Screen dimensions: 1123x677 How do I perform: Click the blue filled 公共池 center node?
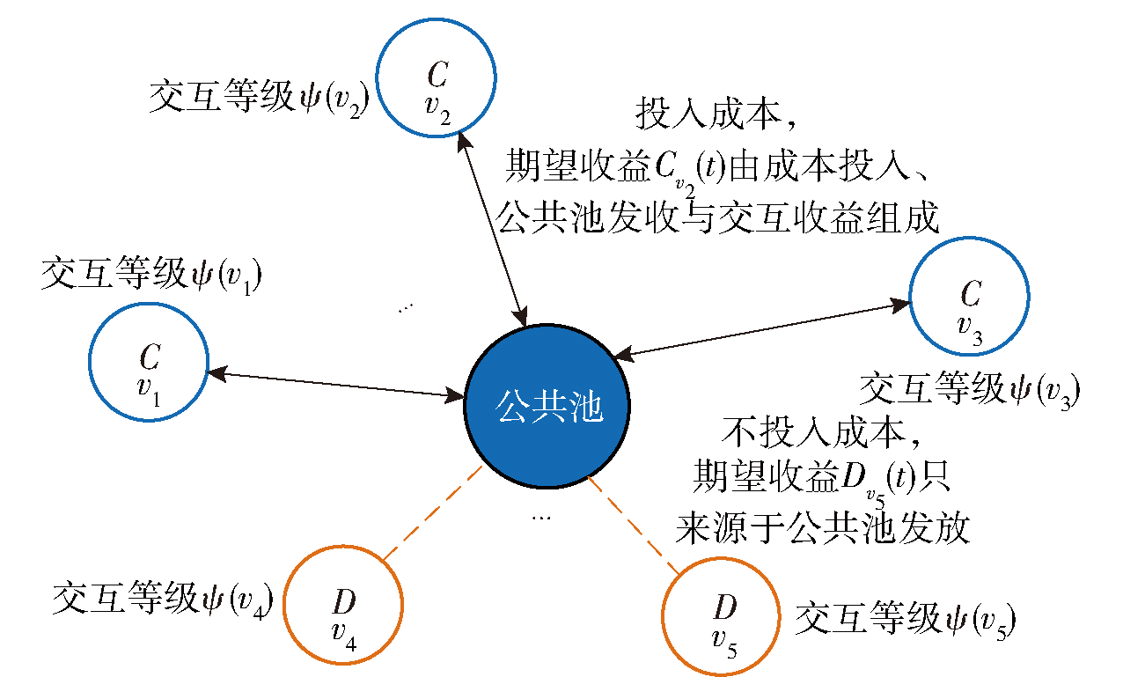tap(547, 406)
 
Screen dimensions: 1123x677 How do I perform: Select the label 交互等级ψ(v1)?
tap(151, 275)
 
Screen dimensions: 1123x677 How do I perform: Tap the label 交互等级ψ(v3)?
tap(970, 390)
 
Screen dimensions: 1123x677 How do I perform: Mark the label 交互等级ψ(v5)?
tap(906, 620)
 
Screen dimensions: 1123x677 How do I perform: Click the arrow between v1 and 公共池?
tap(336, 385)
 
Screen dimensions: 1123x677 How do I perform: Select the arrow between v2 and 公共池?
tap(492, 230)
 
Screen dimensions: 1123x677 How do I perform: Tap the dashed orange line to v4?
tap(433, 512)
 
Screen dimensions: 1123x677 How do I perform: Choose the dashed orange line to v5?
tap(634, 525)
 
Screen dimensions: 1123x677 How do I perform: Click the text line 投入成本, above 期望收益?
tap(716, 114)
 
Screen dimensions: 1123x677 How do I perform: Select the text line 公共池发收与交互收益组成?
tap(717, 217)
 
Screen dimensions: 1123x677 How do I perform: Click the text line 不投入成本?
tap(821, 431)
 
